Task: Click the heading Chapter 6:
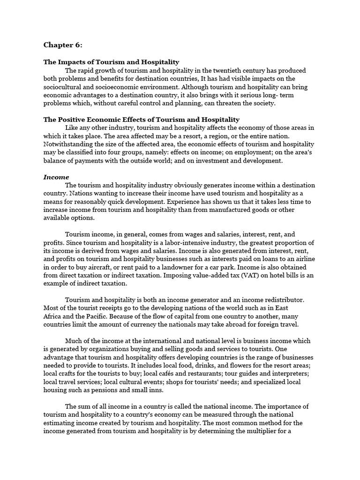(63, 45)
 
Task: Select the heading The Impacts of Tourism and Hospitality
(111, 62)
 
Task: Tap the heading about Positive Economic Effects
(142, 120)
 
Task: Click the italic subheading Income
(56, 177)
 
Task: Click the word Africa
(54, 316)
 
